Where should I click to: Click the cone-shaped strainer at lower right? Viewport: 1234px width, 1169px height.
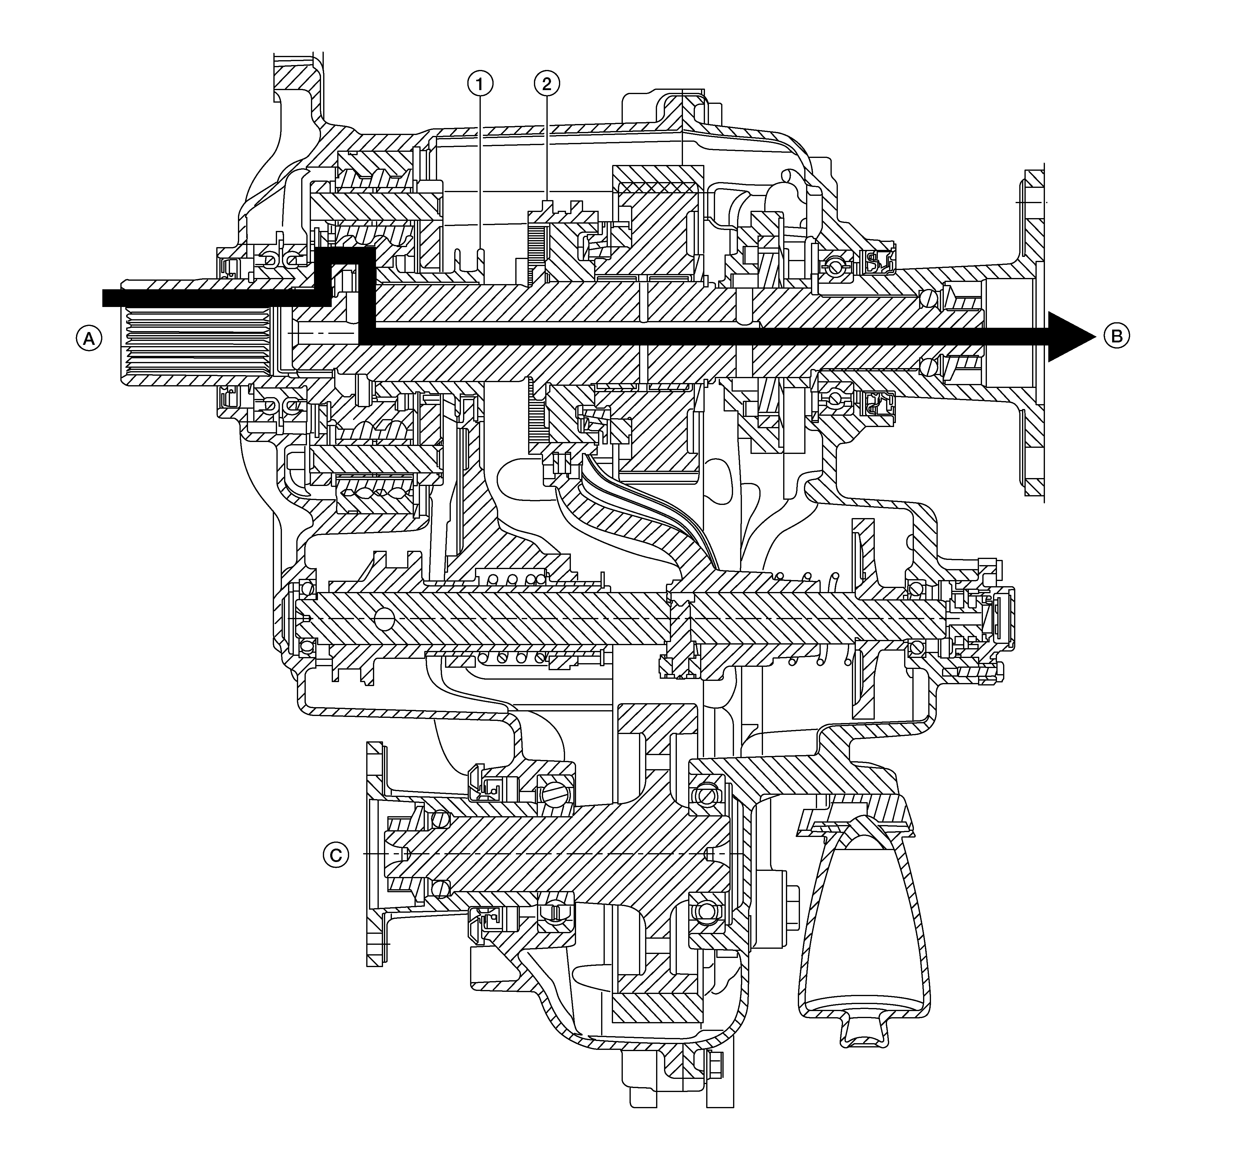click(x=863, y=922)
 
